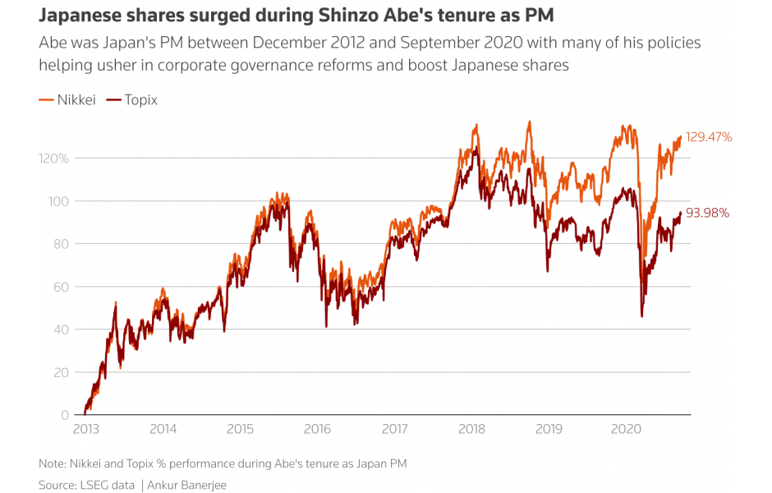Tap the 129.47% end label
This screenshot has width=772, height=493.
pyautogui.click(x=709, y=137)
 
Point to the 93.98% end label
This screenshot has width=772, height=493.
pyautogui.click(x=708, y=214)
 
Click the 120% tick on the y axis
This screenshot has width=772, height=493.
pyautogui.click(x=53, y=158)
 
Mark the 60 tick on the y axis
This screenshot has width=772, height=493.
pyautogui.click(x=60, y=287)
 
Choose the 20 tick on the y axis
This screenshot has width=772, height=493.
pyautogui.click(x=60, y=372)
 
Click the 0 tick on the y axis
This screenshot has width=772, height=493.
pyautogui.click(x=64, y=415)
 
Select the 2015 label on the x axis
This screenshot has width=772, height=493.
pyautogui.click(x=240, y=429)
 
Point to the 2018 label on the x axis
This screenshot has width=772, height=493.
pyautogui.click(x=471, y=429)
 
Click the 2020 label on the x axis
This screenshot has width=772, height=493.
pyautogui.click(x=626, y=429)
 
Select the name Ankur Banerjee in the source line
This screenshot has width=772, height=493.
pyautogui.click(x=187, y=485)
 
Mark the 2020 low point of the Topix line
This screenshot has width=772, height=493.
pyautogui.click(x=641, y=316)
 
